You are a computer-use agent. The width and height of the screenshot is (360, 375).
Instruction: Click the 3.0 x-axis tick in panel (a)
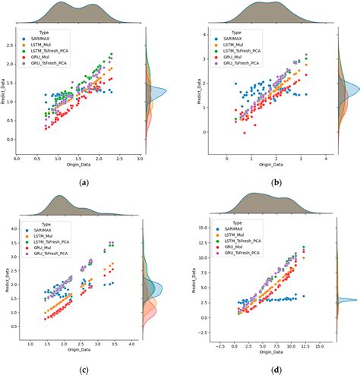pyautogui.click(x=141, y=159)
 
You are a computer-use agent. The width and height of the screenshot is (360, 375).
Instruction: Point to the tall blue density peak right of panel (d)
pyautogui.click(x=351, y=300)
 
